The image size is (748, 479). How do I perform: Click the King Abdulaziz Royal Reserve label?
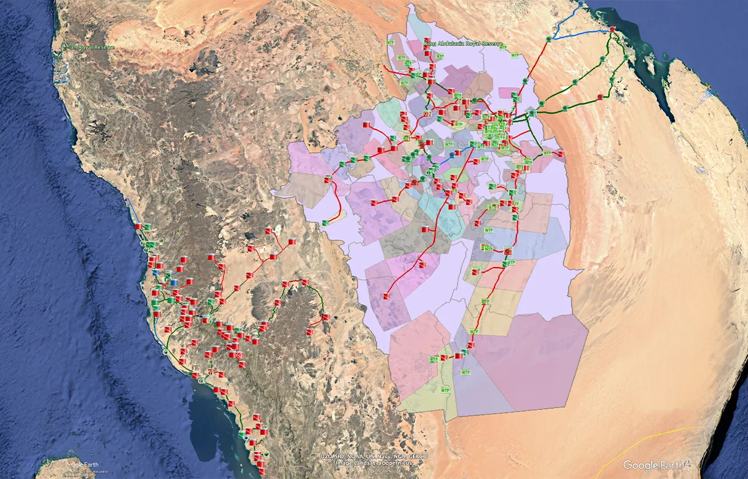click(463, 44)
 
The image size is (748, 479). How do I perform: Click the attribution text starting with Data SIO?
click(373, 456)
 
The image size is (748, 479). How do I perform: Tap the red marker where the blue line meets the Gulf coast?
click(613, 29)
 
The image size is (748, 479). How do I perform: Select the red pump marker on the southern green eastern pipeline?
click(600, 96)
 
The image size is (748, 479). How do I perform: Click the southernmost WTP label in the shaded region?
click(445, 390)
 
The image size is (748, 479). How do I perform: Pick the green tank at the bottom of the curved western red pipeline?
click(326, 223)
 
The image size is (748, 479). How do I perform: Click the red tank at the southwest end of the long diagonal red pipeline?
click(386, 296)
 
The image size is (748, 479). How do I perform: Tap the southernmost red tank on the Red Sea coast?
click(262, 465)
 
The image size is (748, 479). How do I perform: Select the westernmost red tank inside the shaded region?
click(327, 180)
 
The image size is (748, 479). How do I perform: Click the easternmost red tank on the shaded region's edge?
click(561, 154)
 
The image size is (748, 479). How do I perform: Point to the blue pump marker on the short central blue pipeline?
click(452, 154)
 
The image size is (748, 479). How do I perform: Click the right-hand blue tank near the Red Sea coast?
click(174, 281)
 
